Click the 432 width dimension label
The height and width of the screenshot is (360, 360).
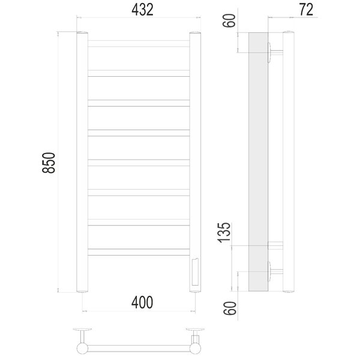[x=142, y=10]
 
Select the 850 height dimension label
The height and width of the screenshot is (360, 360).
[x=49, y=163]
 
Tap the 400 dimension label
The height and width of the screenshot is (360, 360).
[x=142, y=302]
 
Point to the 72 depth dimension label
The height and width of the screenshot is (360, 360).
[x=306, y=10]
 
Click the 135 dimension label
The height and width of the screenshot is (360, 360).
[x=224, y=232]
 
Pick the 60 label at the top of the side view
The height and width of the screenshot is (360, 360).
[x=229, y=20]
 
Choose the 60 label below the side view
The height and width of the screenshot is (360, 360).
[x=230, y=308]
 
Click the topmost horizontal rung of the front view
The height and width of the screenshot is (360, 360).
[x=139, y=44]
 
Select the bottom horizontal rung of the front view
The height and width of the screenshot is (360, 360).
[x=139, y=252]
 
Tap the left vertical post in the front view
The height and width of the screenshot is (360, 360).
[x=82, y=162]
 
